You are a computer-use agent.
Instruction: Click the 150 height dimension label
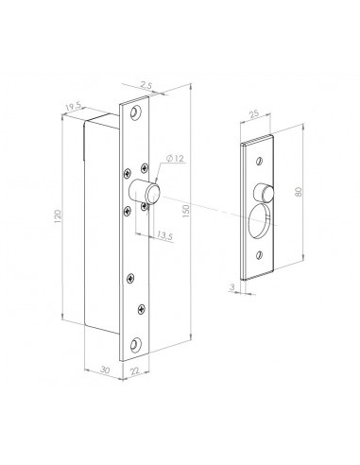[x=186, y=210]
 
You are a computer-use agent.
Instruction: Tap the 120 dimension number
[x=58, y=216]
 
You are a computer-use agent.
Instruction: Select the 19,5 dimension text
[x=73, y=107]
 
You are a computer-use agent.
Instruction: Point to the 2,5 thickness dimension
[x=146, y=84]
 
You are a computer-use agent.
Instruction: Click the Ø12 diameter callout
[x=174, y=158]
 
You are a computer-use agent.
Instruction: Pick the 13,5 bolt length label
[x=164, y=235]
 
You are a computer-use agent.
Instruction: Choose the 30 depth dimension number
[x=105, y=370]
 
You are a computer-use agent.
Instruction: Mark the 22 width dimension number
[x=135, y=370]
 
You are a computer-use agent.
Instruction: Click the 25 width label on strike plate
[x=254, y=113]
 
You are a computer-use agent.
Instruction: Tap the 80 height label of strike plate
[x=299, y=192]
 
